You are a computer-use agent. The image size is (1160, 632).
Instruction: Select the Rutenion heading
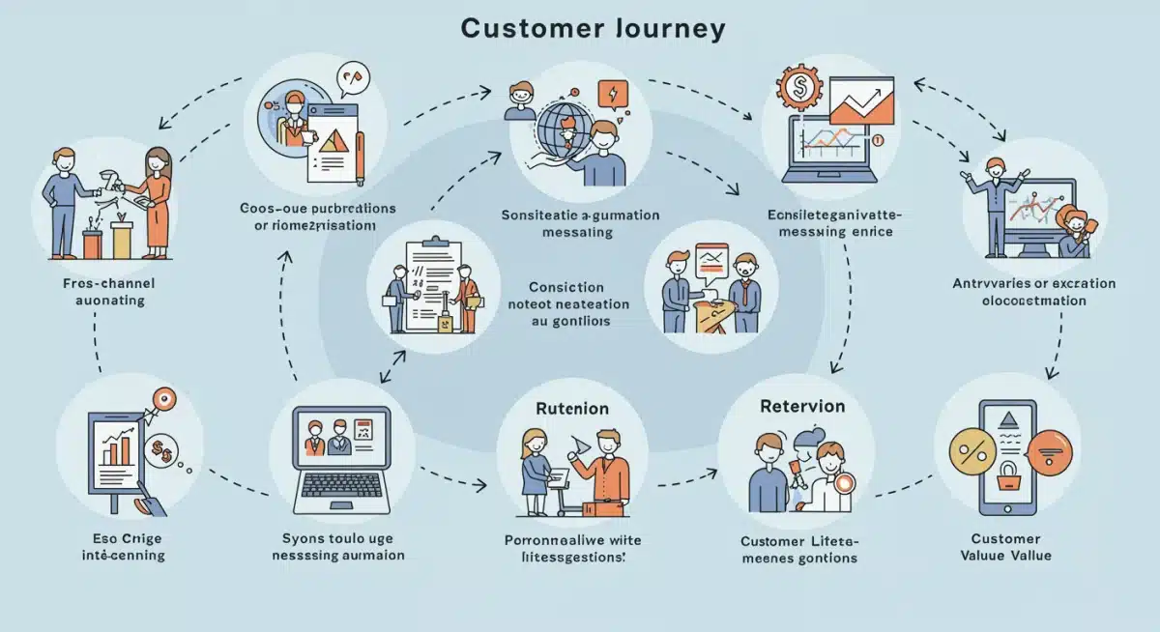tap(572, 409)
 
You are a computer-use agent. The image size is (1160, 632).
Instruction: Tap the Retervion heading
tap(802, 406)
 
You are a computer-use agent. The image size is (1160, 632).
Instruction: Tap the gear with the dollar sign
tap(798, 86)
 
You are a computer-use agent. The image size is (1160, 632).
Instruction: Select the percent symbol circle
tap(970, 450)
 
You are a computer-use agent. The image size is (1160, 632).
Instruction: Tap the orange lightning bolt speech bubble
tap(613, 94)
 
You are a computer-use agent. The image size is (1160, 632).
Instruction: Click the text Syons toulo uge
tap(337, 538)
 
